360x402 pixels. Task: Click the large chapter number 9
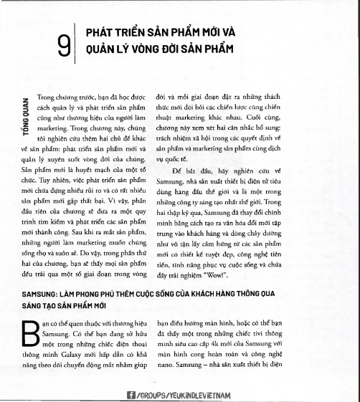pos(65,47)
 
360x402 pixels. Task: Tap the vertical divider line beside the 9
pos(75,46)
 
